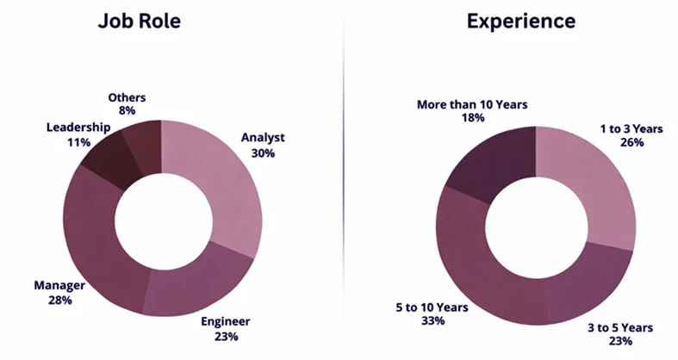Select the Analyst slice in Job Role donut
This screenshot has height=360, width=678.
(x=226, y=185)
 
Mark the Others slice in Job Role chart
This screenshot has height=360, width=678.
(x=143, y=139)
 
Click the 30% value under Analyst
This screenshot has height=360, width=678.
(x=264, y=152)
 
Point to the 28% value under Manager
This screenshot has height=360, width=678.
(x=59, y=301)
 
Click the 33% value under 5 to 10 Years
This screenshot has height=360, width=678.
(x=432, y=321)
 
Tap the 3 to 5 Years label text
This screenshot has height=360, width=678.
(x=620, y=327)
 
